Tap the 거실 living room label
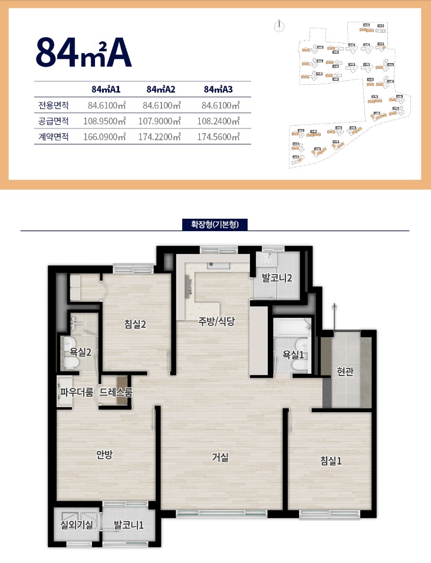(x=221, y=456)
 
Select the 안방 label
(x=104, y=454)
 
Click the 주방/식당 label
(x=216, y=321)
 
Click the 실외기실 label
(x=77, y=524)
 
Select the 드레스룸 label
(x=116, y=391)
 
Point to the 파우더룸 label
(x=77, y=391)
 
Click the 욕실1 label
(x=293, y=355)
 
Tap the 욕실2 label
(x=80, y=353)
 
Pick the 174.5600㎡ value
(x=221, y=137)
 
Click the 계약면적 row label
(x=54, y=137)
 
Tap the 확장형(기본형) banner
(x=215, y=225)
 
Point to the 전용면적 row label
(x=54, y=106)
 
